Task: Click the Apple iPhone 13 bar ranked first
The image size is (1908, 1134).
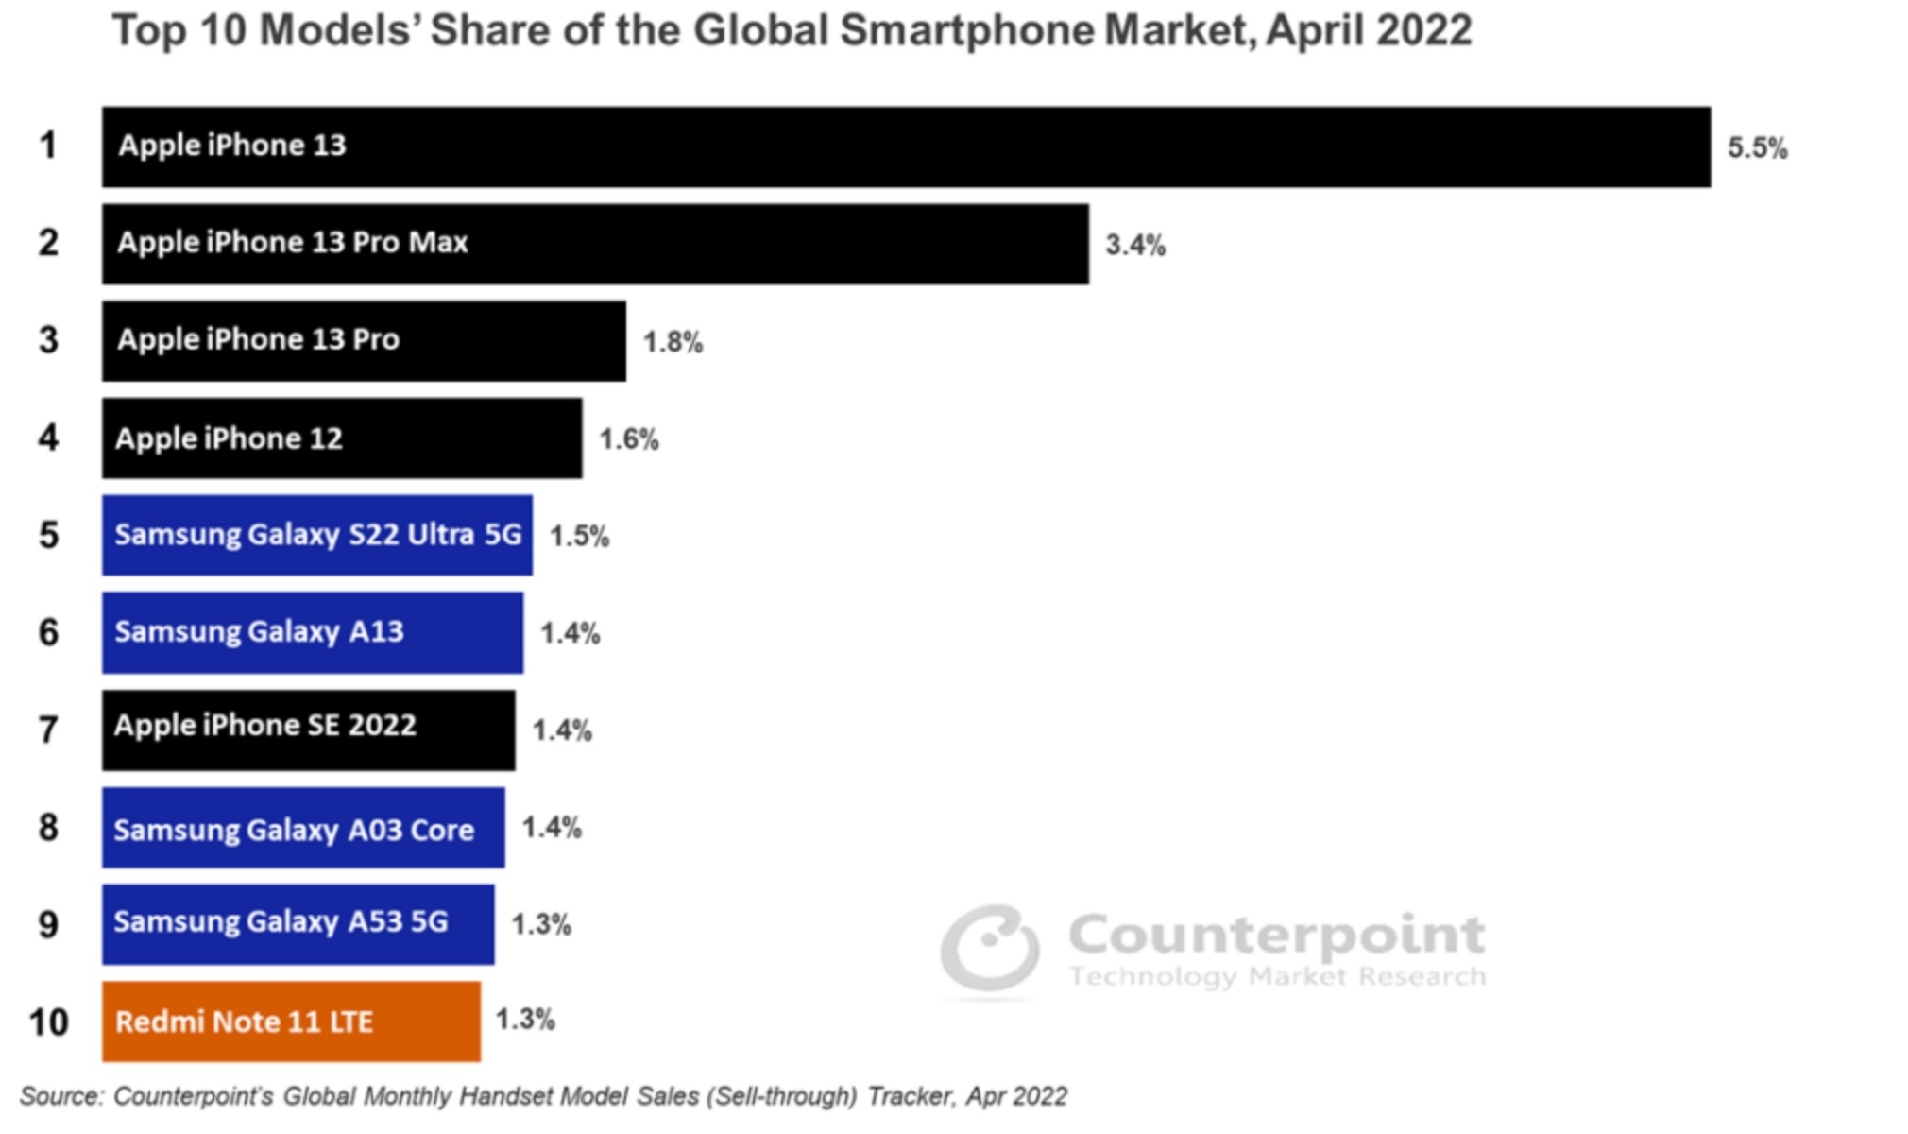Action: [907, 146]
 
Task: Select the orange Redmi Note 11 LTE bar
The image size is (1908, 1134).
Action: [291, 1022]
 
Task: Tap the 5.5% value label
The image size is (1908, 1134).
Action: [1757, 147]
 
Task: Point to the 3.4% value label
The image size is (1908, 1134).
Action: [1135, 245]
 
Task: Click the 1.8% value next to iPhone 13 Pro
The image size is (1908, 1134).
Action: [673, 342]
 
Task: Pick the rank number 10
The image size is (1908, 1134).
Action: [48, 1022]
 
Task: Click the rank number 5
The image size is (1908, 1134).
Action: [48, 535]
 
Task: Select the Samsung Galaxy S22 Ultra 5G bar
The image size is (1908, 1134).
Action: [317, 535]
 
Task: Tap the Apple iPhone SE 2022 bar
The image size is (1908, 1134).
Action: [309, 730]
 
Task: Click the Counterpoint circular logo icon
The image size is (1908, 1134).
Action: [990, 950]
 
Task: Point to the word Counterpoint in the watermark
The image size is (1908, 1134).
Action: [1276, 936]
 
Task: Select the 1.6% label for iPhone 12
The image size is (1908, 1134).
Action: [629, 438]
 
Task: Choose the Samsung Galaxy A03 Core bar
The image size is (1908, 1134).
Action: [303, 828]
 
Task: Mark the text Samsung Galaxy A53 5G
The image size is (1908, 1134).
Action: [281, 921]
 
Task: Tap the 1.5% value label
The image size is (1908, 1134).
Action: [579, 536]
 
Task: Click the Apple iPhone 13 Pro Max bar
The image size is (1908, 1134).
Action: [595, 244]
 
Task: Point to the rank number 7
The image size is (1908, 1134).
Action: [48, 730]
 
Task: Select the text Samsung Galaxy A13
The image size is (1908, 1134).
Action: [259, 631]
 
